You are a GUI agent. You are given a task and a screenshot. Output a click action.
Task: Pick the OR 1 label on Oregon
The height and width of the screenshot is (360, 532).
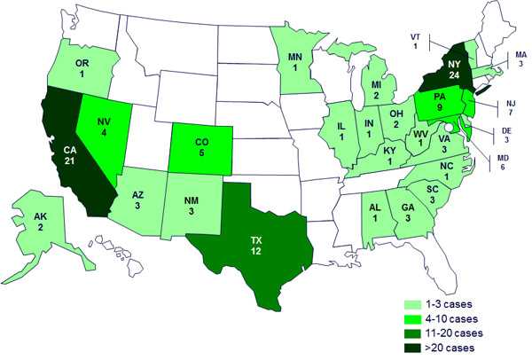[x=82, y=69]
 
